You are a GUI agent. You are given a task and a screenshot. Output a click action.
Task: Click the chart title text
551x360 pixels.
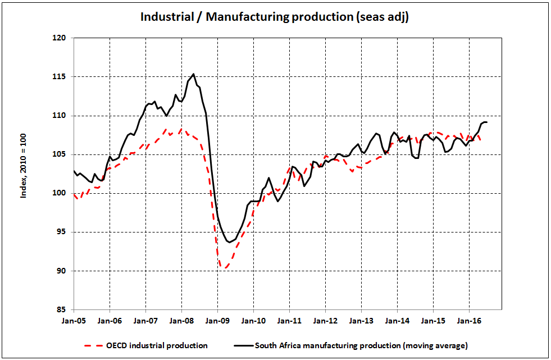[x=275, y=17]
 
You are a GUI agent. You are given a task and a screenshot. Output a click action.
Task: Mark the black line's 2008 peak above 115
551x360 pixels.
[x=194, y=74]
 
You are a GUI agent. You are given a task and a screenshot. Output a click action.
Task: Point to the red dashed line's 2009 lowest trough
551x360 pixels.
[x=226, y=268]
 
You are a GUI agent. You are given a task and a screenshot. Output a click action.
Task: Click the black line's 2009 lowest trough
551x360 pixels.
[x=229, y=242]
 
